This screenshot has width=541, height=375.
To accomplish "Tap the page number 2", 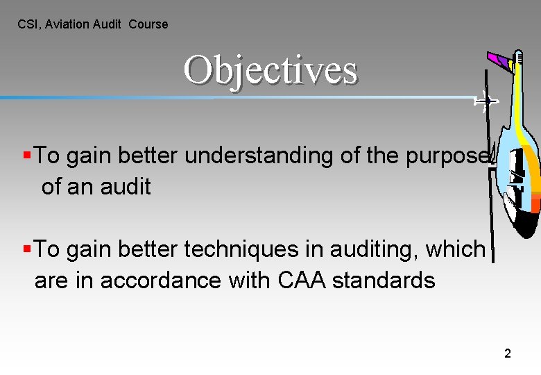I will [x=508, y=354].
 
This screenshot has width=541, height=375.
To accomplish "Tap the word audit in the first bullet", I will [x=126, y=186].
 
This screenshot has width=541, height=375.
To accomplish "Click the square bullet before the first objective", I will [x=26, y=155].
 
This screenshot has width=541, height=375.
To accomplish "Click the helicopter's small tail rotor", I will [x=485, y=102].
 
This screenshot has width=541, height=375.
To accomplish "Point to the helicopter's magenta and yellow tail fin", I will [x=500, y=60].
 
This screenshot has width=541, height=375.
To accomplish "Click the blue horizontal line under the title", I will [x=104, y=98].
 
